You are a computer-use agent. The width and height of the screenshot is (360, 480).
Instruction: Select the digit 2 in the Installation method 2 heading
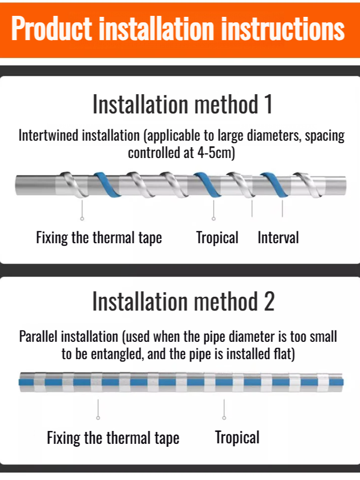(268, 302)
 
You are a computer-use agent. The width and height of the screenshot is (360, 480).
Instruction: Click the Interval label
(278, 238)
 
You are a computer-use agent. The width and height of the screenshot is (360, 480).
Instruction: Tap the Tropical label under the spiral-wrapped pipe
(217, 238)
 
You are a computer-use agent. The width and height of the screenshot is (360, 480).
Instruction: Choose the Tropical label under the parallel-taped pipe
(237, 437)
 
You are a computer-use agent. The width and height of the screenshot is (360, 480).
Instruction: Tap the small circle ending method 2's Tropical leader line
(225, 418)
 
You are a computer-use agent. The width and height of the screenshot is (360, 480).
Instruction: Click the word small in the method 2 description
(323, 337)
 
